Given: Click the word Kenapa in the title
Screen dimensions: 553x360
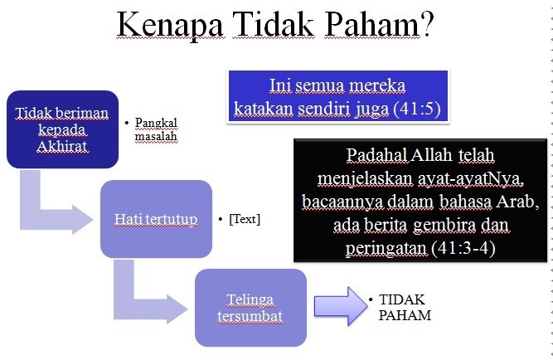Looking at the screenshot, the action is (x=170, y=26).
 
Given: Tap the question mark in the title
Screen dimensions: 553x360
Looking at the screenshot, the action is (x=426, y=24).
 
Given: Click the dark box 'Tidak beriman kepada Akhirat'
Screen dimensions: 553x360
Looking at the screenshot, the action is (x=62, y=129).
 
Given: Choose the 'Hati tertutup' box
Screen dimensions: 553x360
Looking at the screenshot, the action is (x=156, y=219).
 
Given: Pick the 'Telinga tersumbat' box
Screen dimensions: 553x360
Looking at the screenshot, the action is (x=250, y=308).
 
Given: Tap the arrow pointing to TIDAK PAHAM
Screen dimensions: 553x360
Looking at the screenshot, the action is (x=341, y=306).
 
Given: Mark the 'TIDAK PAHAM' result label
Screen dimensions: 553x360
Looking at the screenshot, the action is (x=405, y=307).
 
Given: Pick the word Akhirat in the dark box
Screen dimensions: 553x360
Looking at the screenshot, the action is (x=62, y=146).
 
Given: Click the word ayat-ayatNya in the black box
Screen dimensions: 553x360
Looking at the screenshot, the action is (x=470, y=179).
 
